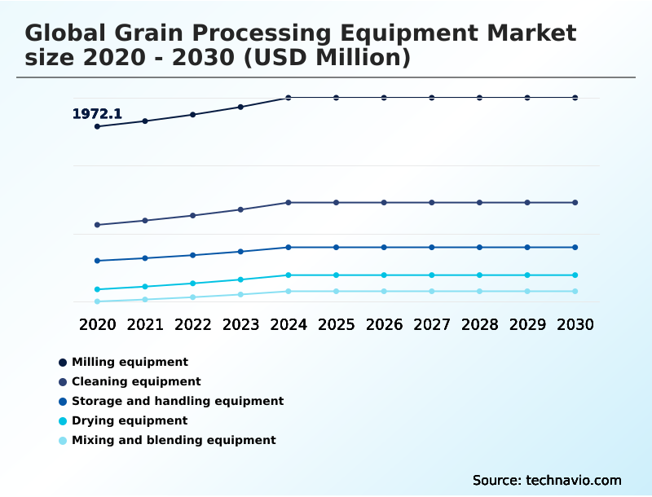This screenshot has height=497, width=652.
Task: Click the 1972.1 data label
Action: point(97,114)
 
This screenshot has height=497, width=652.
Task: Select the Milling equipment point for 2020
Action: point(97,126)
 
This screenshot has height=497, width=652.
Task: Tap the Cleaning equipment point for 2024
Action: point(289,202)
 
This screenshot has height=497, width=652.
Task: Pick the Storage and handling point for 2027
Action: point(432,247)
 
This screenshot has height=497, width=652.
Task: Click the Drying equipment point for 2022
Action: point(193,284)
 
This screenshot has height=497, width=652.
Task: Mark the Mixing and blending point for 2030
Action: point(575,291)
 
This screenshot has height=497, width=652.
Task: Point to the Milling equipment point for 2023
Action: point(240,107)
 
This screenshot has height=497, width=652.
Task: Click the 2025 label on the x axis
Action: point(336,324)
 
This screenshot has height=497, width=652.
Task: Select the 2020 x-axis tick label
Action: point(97,324)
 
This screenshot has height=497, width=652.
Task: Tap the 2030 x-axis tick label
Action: point(575,324)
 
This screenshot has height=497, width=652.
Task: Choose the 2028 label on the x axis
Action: point(479,324)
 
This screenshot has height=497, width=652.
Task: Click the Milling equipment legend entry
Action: point(130,362)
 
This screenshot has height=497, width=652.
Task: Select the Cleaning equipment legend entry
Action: point(136,381)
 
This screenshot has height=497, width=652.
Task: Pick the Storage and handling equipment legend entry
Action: point(178,401)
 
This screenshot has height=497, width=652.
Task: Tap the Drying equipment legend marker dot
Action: point(63,421)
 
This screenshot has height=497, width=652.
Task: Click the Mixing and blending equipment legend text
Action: point(174,440)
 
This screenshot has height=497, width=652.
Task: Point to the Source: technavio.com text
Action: point(547,480)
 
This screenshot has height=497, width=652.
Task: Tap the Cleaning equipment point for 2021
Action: point(145,220)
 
